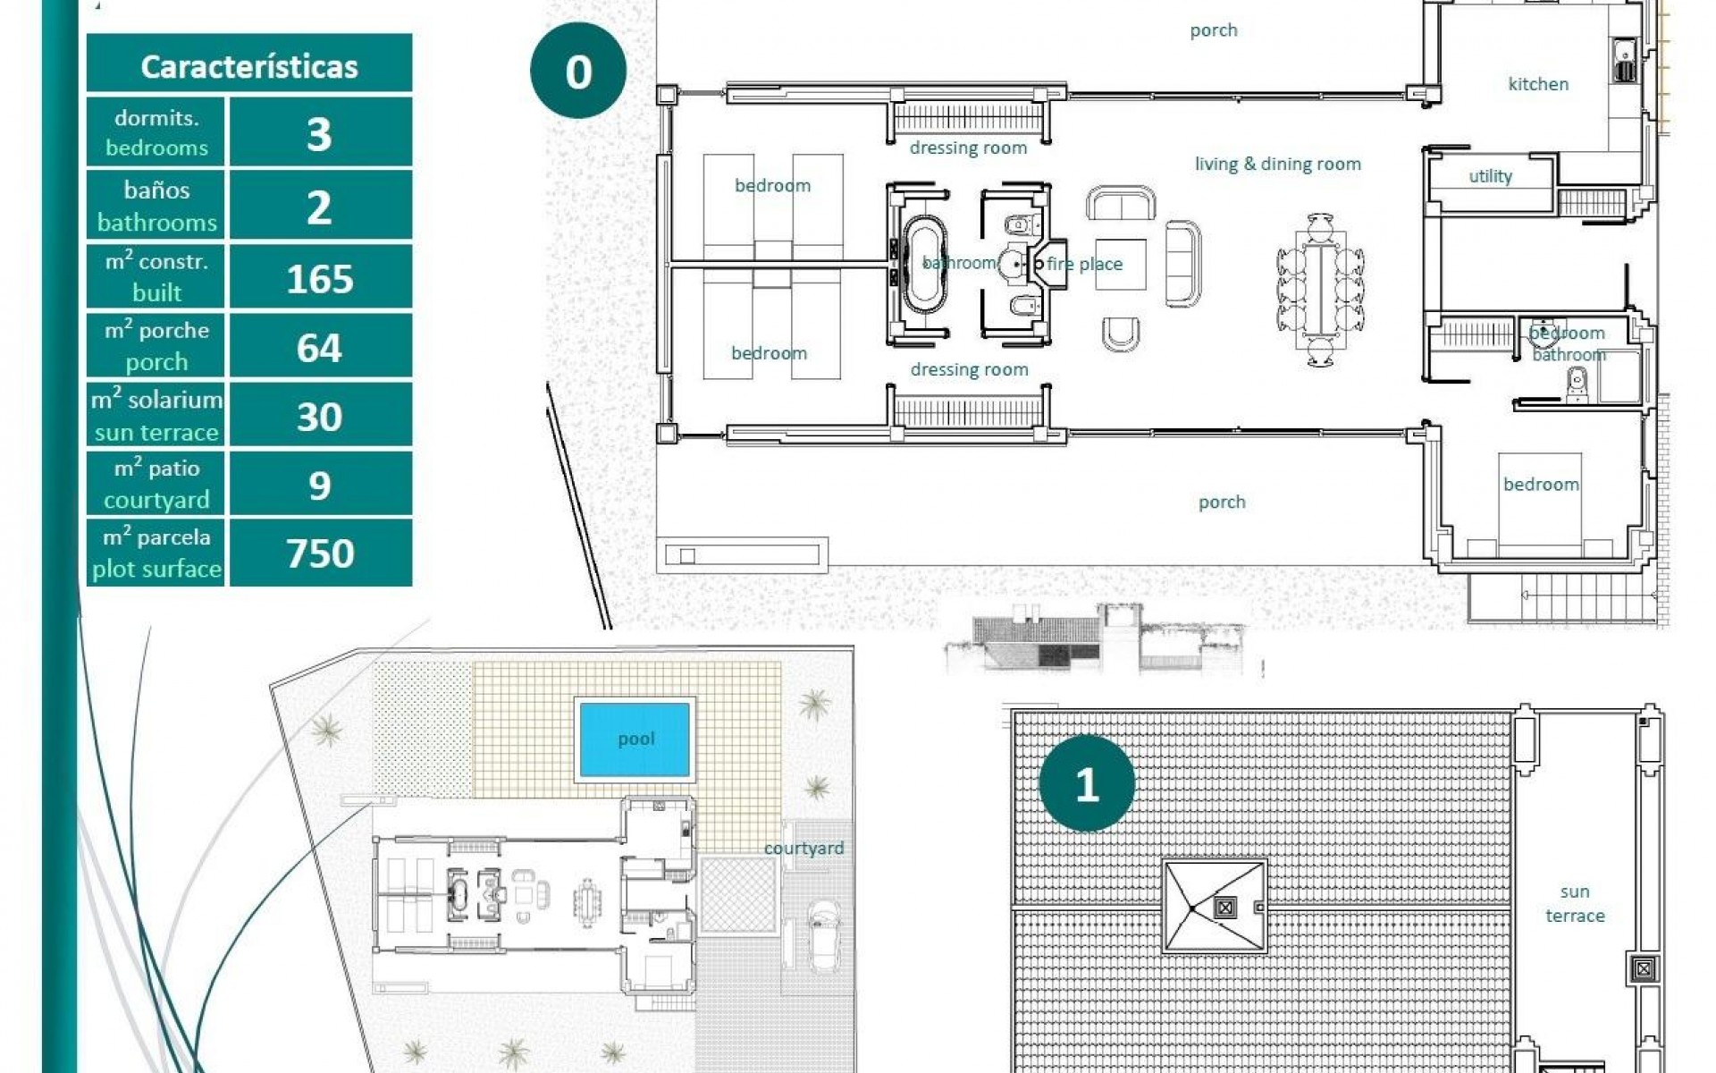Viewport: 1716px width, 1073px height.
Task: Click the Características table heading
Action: click(249, 66)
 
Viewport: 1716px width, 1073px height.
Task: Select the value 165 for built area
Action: click(320, 279)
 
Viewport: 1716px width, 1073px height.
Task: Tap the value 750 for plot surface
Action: click(320, 553)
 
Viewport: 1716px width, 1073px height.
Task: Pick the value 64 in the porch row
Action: click(319, 348)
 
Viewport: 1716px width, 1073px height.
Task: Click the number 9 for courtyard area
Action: click(319, 486)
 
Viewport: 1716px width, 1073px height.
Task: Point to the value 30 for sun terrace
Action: click(319, 417)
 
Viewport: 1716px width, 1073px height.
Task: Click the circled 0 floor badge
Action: click(578, 72)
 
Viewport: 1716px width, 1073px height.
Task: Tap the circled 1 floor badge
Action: click(1087, 784)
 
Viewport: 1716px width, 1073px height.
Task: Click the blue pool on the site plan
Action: click(635, 739)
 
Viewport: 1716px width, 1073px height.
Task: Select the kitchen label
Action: click(1538, 84)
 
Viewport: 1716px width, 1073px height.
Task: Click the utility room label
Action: click(1490, 176)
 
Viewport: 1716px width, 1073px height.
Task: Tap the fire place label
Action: click(1084, 264)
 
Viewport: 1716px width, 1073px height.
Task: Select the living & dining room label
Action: click(1277, 164)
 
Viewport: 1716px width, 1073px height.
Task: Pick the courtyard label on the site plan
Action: click(803, 848)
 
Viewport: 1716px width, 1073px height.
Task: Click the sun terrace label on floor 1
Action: click(1575, 903)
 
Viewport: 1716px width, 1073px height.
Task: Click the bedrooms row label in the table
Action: click(156, 132)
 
